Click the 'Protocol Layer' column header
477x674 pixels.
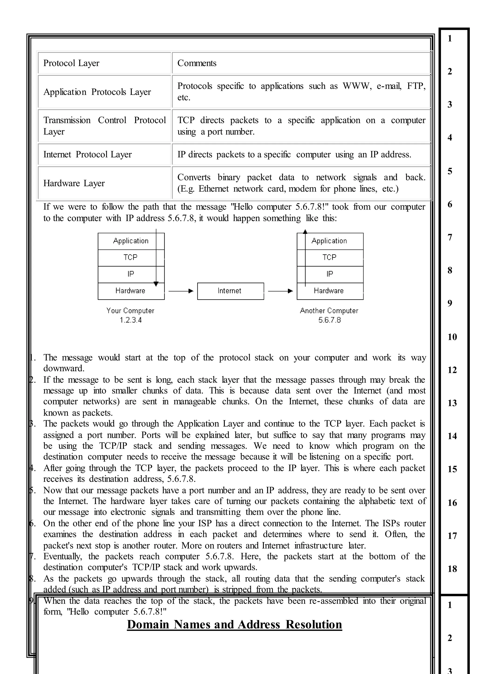(71, 63)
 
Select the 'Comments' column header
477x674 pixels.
(197, 63)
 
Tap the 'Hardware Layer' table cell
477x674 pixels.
(74, 183)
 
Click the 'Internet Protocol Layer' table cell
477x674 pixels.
(88, 154)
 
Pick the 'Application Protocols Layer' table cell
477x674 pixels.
(97, 92)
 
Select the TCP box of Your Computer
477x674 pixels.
(130, 258)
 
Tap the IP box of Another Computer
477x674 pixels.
(330, 274)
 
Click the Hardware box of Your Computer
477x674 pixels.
(130, 291)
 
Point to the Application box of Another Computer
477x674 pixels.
(329, 241)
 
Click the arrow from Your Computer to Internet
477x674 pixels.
(181, 291)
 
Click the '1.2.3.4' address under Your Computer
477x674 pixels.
(130, 320)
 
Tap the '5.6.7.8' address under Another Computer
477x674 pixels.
(329, 320)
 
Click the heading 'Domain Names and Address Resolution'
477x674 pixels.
(234, 624)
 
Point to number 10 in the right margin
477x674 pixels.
(452, 337)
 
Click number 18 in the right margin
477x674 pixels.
(452, 569)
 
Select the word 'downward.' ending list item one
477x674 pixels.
(64, 368)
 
